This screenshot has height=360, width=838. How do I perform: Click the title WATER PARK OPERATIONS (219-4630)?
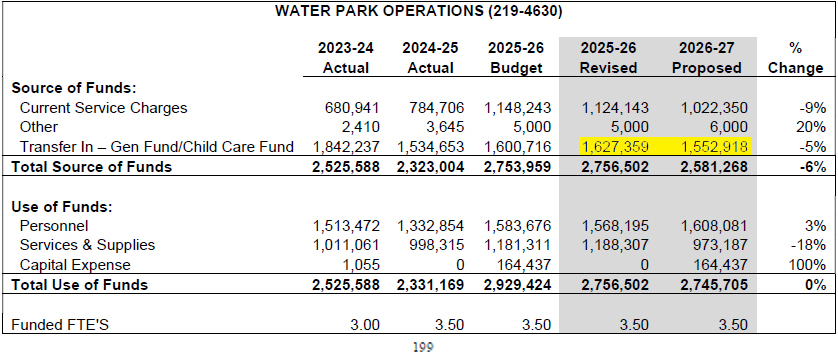click(x=418, y=12)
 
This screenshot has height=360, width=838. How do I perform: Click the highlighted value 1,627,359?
click(x=615, y=147)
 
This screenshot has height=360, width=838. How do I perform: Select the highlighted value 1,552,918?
click(x=714, y=147)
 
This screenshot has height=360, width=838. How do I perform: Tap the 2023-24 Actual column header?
click(x=346, y=58)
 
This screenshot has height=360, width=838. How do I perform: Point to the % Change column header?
click(x=795, y=58)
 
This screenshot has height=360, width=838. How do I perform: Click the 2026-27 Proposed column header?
click(x=707, y=58)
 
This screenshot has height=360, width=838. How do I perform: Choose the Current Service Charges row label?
click(x=104, y=108)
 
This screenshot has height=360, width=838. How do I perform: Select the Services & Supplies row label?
click(x=87, y=245)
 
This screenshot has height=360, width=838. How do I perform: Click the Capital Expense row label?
click(x=75, y=264)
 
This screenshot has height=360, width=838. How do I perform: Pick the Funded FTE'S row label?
click(x=60, y=324)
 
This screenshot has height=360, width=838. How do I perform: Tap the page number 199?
click(x=423, y=347)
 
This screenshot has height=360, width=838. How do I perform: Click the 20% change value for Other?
click(x=811, y=127)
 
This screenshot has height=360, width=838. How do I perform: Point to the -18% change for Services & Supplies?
click(x=809, y=245)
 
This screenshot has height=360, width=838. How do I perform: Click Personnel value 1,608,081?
click(x=714, y=225)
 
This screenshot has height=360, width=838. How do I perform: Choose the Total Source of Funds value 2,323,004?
click(x=430, y=167)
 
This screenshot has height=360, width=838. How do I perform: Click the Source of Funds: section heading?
click(x=67, y=88)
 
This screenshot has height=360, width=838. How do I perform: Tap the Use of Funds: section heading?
click(x=60, y=206)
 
